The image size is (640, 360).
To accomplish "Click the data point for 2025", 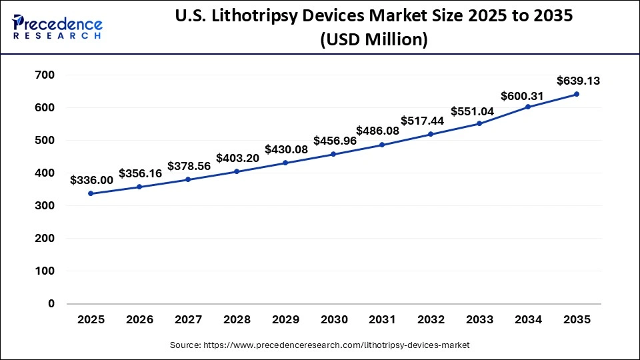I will (x=91, y=194).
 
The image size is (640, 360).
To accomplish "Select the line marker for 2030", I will (x=333, y=154).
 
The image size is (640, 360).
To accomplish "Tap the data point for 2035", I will (x=576, y=94).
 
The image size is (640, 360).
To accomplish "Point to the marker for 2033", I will (x=479, y=123).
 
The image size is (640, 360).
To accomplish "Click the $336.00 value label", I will (x=91, y=180).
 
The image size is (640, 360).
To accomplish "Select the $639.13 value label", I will (x=578, y=81).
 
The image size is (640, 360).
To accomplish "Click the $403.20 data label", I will (x=237, y=158).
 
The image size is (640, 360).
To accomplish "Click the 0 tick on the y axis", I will (x=51, y=304).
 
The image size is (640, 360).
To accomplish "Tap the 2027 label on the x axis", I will (x=188, y=320).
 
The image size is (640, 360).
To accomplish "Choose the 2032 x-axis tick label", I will (x=431, y=320).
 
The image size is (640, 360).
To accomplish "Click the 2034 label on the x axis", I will (x=528, y=320).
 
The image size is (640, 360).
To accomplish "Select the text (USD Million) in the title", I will (x=373, y=41).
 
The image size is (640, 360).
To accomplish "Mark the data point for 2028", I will (x=237, y=171).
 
